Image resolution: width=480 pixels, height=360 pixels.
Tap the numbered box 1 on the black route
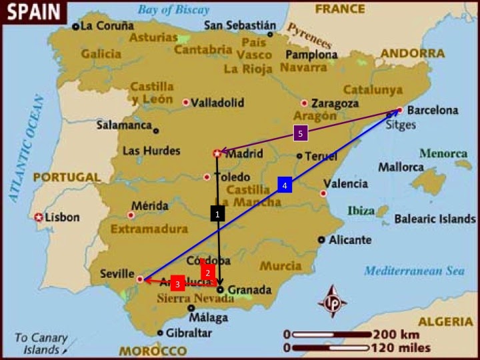tap(217, 214)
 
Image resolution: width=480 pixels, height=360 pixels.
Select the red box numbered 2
tap(207, 272)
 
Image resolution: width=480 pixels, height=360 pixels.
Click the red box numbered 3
tap(177, 284)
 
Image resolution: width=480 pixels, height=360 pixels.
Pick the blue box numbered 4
tap(285, 186)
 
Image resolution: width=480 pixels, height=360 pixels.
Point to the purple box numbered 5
tap(301, 134)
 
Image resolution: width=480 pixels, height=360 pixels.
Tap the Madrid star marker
tap(217, 154)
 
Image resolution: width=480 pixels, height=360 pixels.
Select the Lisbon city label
tap(62, 217)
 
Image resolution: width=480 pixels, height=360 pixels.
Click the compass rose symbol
tap(331, 301)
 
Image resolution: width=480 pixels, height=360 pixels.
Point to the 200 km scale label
tap(397, 334)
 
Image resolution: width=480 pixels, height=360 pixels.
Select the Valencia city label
tap(345, 183)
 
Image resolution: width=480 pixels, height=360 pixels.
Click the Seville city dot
tap(139, 279)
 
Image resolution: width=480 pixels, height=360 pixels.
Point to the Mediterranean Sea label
tap(413, 271)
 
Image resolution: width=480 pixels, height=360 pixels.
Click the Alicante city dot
tap(322, 239)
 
